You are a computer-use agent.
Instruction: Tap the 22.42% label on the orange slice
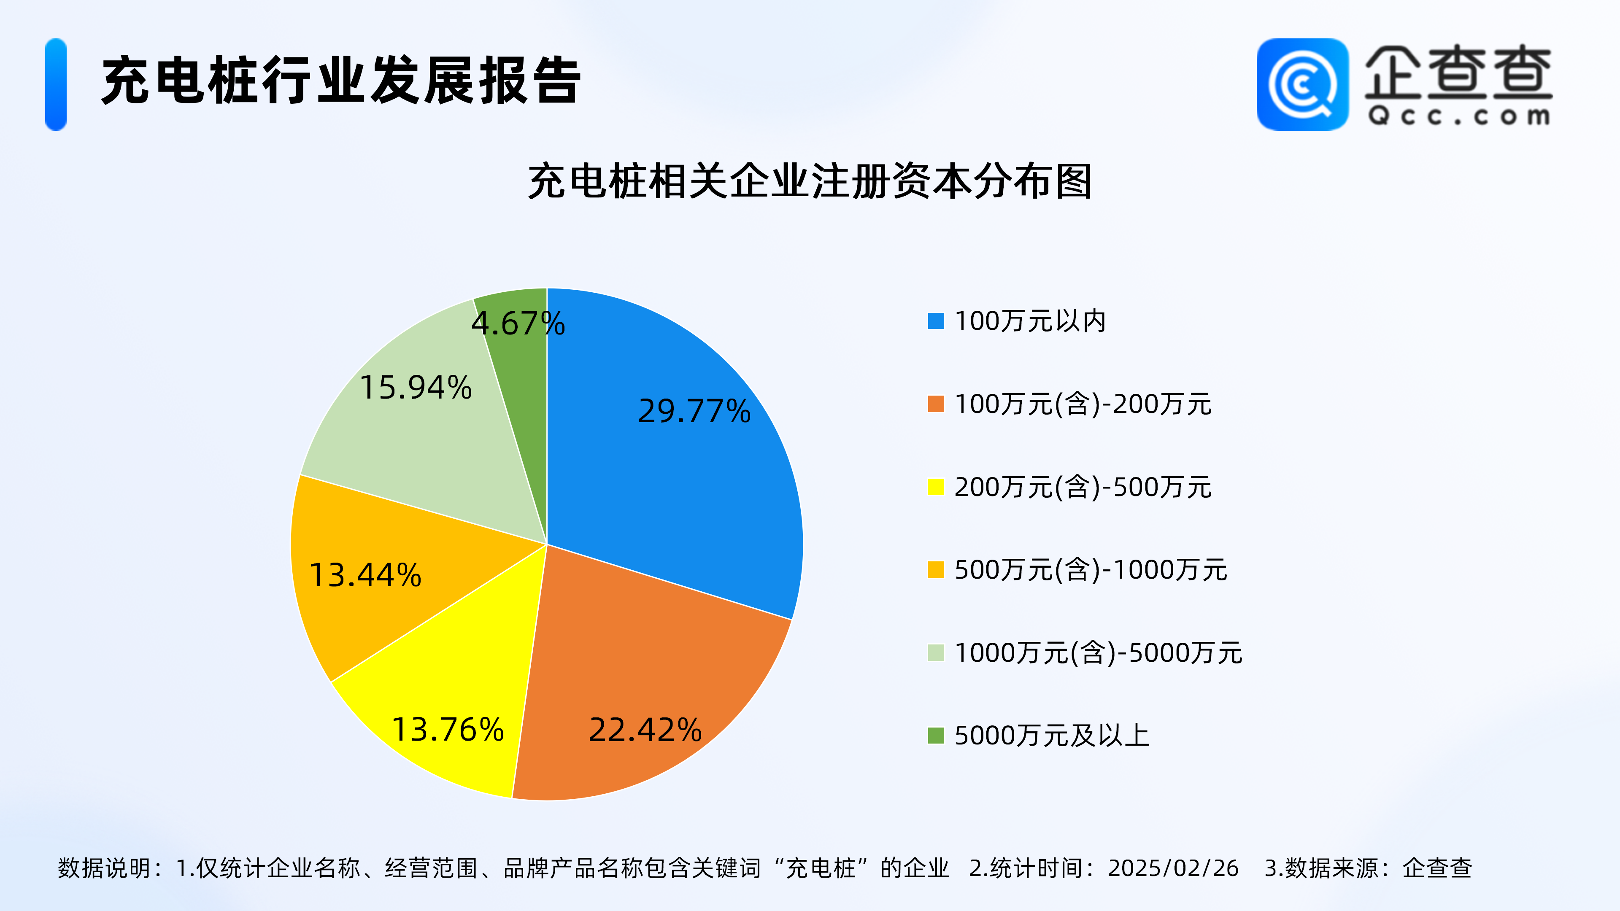point(645,730)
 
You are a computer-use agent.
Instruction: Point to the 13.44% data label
point(365,575)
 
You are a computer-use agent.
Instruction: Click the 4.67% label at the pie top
point(518,324)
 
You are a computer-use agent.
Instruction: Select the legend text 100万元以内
point(1030,321)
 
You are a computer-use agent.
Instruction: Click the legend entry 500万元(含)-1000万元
point(1091,570)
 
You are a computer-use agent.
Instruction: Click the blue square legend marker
point(936,321)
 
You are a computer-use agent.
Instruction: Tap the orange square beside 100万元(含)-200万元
point(936,404)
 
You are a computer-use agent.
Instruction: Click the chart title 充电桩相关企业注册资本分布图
point(810,182)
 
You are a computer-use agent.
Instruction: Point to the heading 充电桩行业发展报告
point(341,81)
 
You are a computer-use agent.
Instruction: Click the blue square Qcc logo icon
point(1302,84)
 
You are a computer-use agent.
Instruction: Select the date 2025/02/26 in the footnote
point(1173,868)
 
